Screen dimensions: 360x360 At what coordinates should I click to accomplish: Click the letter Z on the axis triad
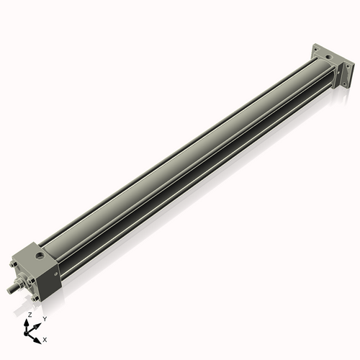click(x=30, y=315)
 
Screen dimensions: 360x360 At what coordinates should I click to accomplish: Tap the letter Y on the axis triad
click(x=44, y=318)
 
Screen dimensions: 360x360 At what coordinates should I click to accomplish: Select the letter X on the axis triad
click(x=45, y=338)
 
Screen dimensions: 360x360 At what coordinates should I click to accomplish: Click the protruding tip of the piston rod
click(x=9, y=289)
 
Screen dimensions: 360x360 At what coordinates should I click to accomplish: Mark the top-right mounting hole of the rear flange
click(x=347, y=66)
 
